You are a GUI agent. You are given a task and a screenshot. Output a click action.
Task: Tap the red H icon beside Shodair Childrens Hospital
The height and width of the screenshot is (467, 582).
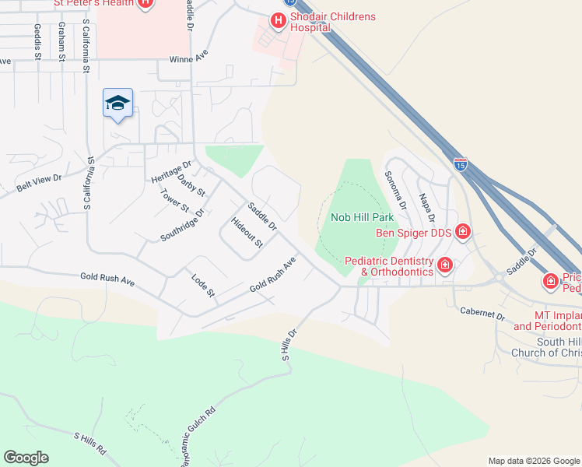pos(277,21)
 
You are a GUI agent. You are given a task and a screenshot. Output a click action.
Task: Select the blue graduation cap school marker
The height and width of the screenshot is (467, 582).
pos(117,103)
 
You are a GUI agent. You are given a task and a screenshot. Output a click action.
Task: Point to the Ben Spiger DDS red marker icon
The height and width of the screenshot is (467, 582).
pos(463,231)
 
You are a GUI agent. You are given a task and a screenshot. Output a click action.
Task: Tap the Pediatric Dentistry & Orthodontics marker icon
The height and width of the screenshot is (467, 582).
pos(444,265)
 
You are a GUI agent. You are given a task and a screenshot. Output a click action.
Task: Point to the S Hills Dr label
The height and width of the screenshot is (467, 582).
pos(290,342)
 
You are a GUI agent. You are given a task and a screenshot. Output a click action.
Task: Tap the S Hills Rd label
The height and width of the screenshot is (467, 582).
pos(89,444)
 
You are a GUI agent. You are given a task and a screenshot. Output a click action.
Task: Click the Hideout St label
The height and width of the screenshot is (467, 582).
pos(248,232)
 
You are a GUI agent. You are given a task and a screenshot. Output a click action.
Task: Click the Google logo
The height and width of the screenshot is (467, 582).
pos(26,458)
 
